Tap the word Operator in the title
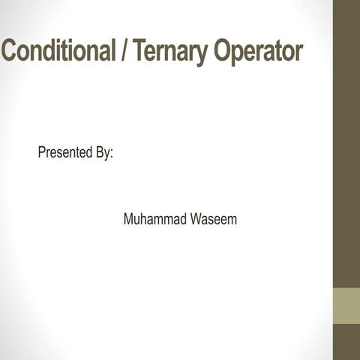tap(258, 52)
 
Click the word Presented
tap(64, 153)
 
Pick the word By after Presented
tap(102, 154)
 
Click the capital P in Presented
tap(42, 153)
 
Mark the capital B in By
tap(98, 153)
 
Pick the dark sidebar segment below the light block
tap(346, 343)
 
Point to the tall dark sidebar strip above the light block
tap(346, 142)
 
